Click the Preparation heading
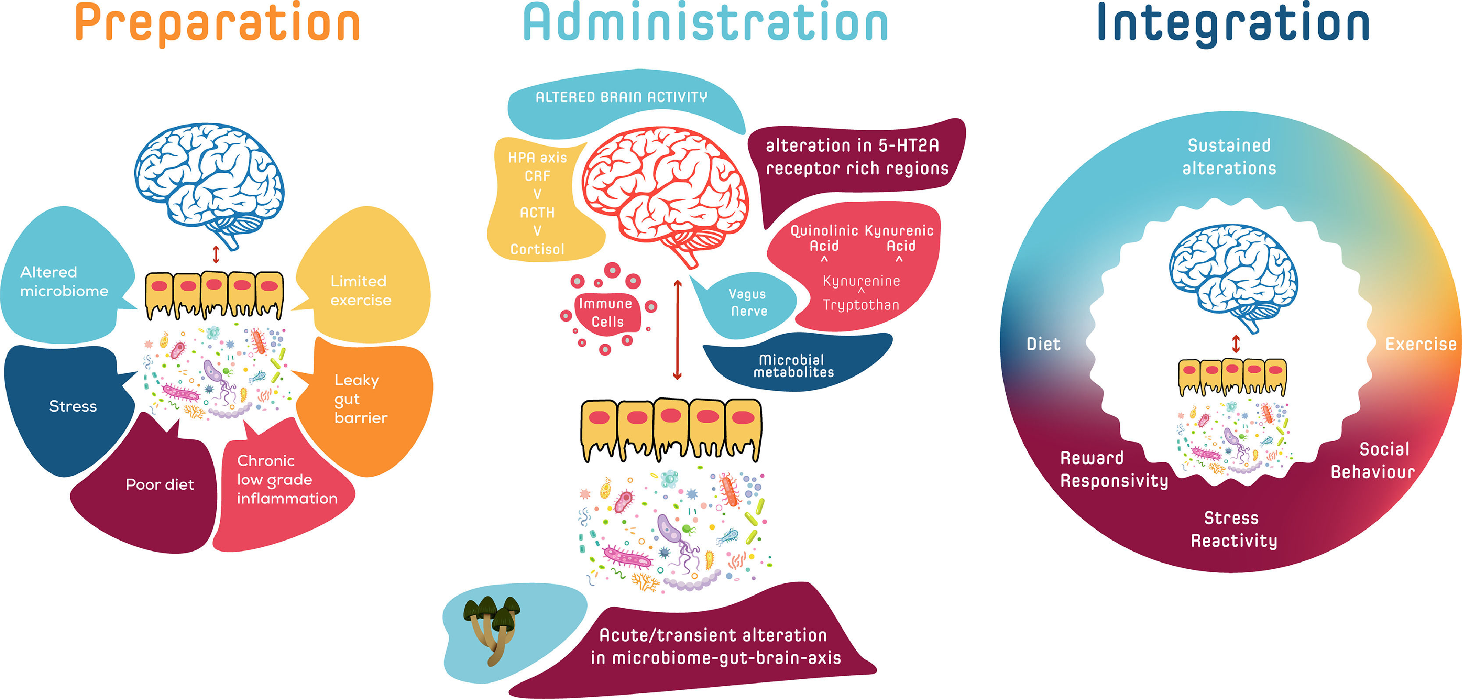pos(218,24)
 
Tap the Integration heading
pos(1234,24)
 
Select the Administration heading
pos(705,24)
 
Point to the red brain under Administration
pos(664,190)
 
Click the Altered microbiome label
pos(64,282)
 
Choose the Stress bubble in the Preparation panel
pos(73,406)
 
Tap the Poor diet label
pos(160,485)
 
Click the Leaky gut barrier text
pos(361,399)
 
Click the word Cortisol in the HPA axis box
pos(537,249)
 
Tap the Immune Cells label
pos(606,313)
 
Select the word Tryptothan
pos(861,305)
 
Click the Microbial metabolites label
pos(793,366)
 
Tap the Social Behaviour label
pos(1373,461)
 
